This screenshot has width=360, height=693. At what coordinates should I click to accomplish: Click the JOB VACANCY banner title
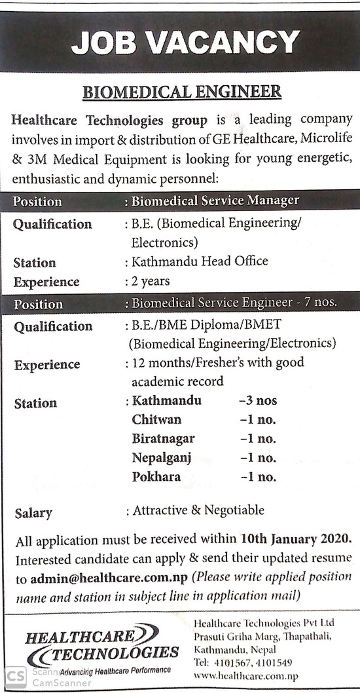coord(185,44)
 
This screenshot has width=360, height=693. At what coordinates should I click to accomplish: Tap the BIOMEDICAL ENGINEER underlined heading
coord(182,92)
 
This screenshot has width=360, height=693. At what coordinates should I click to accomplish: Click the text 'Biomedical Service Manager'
coord(215,200)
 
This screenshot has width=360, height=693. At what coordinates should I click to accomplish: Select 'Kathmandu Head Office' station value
coord(200,261)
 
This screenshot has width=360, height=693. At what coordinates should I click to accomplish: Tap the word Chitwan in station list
coord(156,419)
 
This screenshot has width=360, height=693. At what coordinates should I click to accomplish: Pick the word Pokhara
coord(156,477)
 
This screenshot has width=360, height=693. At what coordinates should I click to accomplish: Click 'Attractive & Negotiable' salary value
coord(198,510)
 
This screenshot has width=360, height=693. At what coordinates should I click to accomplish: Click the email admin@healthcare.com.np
coord(109,579)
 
